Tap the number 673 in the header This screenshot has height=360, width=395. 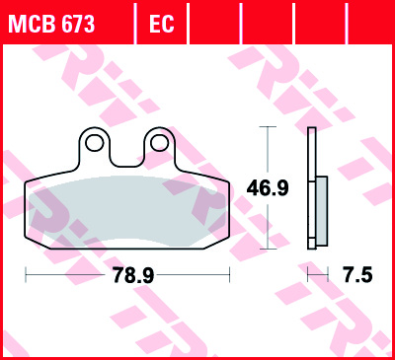[x=77, y=22]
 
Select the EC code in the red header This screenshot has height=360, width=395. [x=161, y=22]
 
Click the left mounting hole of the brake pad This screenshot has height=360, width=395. [x=93, y=144]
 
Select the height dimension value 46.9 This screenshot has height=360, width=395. [x=267, y=188]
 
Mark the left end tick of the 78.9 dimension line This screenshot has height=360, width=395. [x=25, y=276]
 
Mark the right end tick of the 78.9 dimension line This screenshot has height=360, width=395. [x=229, y=276]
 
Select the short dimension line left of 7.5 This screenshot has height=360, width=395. [x=317, y=276]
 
